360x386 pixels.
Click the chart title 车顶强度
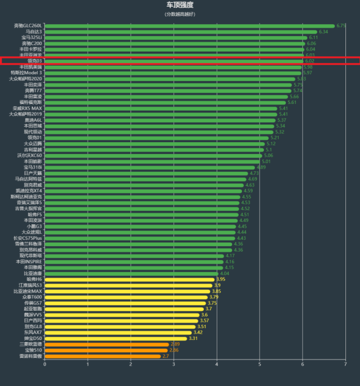pos(180,5)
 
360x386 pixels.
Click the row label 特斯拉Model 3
pos(26,72)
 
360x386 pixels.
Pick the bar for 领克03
pos(174,61)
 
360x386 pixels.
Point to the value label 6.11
pos(313,38)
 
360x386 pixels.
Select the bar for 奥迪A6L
pos(160,120)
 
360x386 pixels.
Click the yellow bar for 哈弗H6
pos(130,279)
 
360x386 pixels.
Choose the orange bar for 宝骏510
pos(106,351)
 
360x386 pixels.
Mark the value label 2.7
pos(165,356)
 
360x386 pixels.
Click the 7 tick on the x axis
pos(346,365)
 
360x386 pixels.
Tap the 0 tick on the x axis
pos(45,365)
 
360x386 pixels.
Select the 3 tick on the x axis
pos(174,365)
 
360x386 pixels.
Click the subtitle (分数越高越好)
pos(180,14)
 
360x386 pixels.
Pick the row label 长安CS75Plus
pos(28,238)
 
